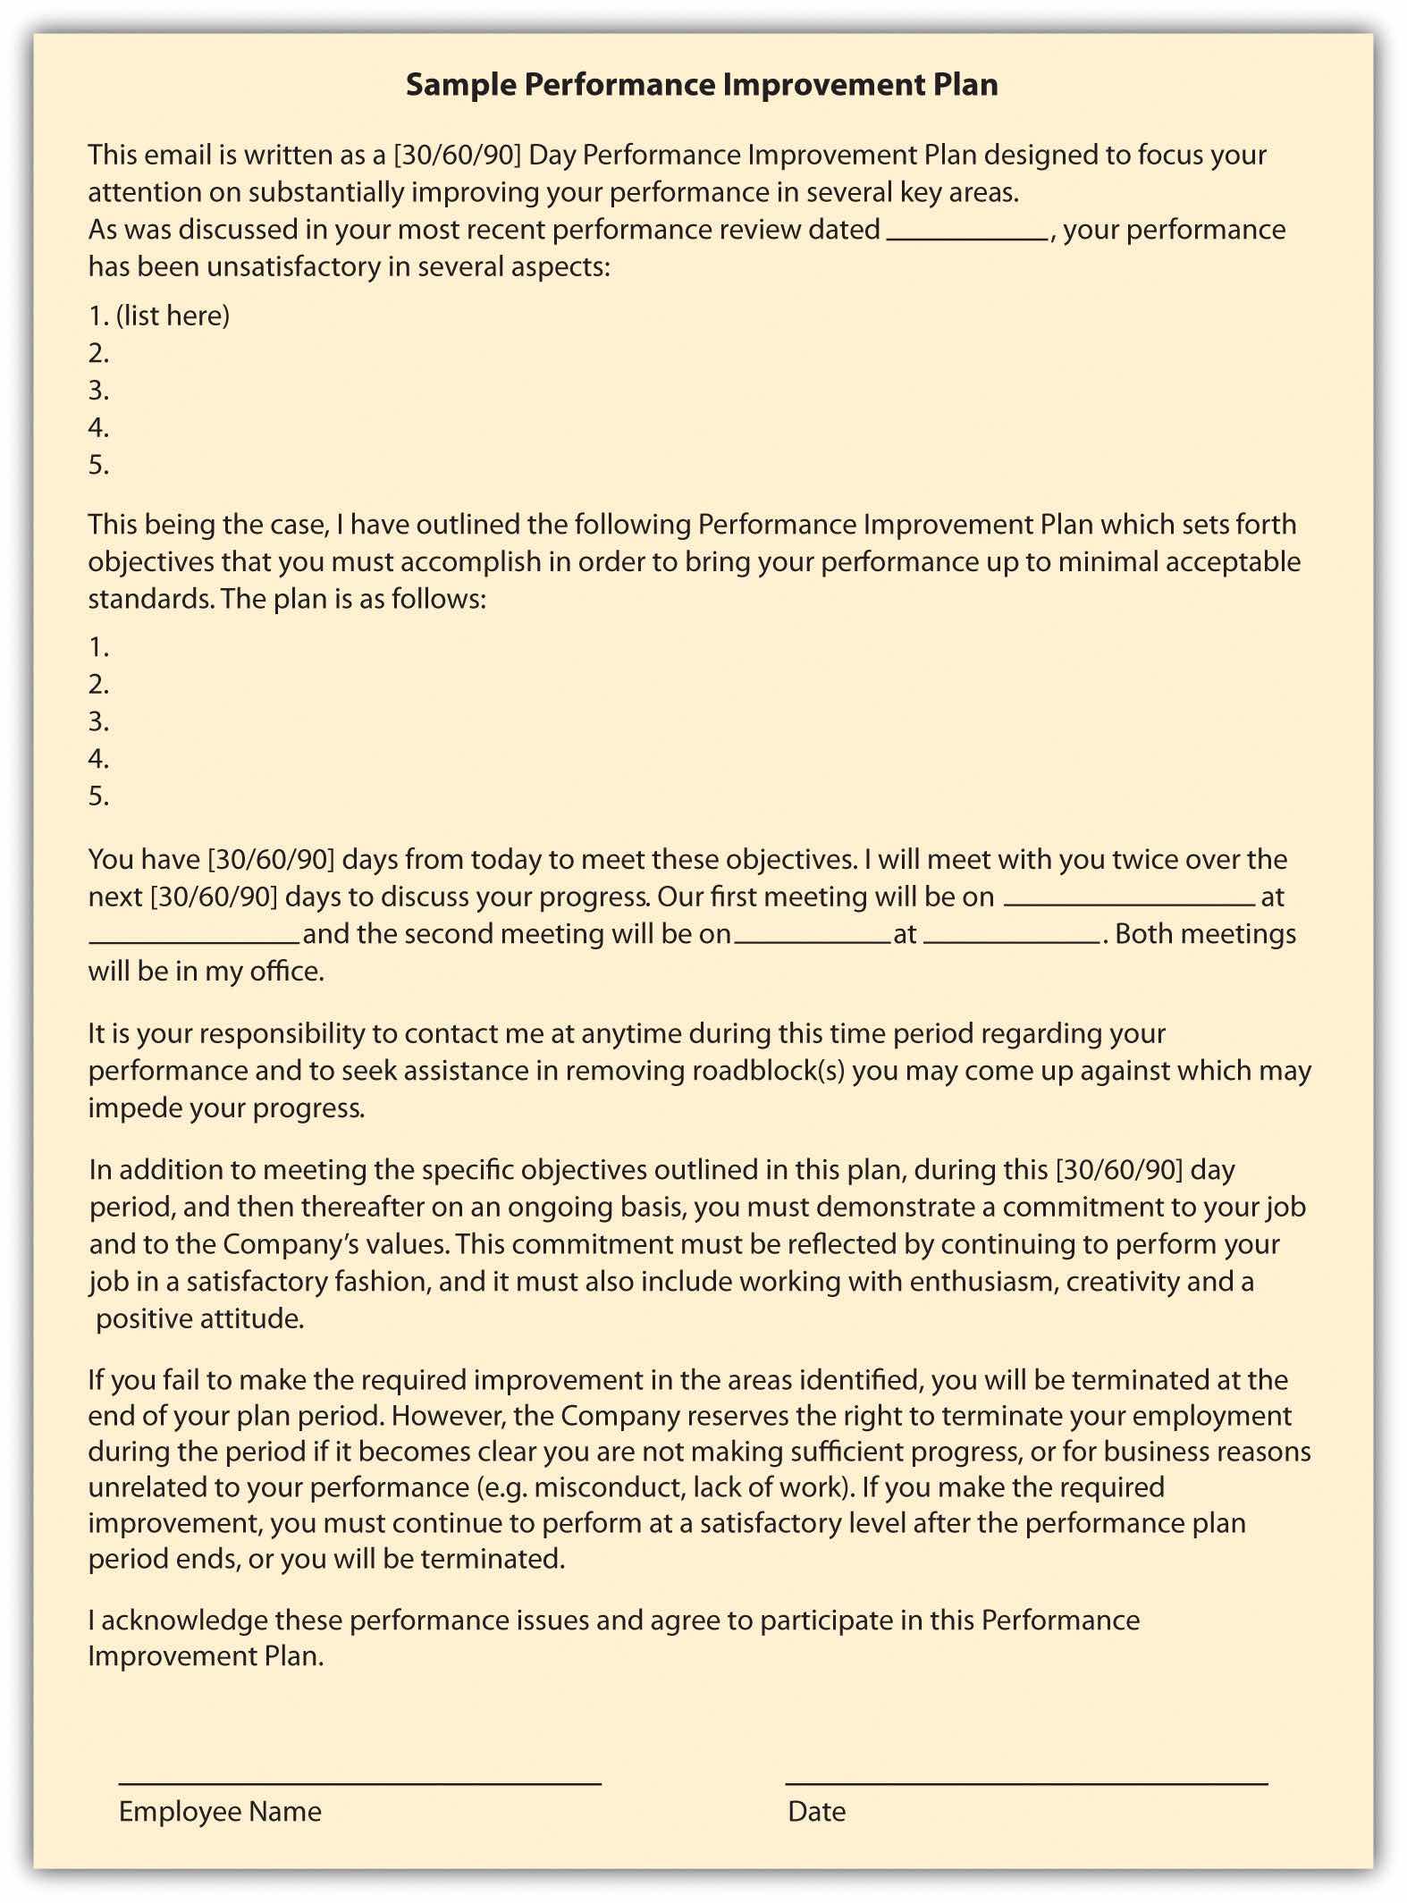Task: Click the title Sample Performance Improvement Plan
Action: tap(702, 85)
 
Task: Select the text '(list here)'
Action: tap(173, 316)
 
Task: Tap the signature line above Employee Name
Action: tap(359, 1782)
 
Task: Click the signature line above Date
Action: tap(1026, 1782)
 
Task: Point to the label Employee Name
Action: tap(220, 1812)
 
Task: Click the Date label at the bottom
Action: tap(816, 1812)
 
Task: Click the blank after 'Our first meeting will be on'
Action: tap(1130, 903)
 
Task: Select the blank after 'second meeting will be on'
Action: tap(812, 940)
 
